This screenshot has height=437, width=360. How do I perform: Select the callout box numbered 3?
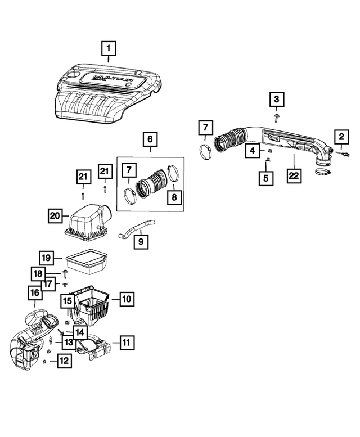point(276,100)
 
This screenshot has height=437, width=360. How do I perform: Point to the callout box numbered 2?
point(341,136)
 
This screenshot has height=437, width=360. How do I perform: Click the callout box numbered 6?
point(150,138)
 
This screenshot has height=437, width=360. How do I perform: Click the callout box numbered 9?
point(141,242)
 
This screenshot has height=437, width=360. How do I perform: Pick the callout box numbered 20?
point(55,215)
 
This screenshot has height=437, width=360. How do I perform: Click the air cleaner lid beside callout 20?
point(87,222)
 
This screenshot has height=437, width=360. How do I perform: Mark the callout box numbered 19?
point(47,258)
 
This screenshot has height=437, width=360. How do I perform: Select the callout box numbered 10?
point(127,299)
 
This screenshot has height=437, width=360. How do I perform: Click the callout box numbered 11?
point(126,341)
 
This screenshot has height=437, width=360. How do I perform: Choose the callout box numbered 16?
point(35,292)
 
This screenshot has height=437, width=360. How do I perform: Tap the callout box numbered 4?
point(253,151)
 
